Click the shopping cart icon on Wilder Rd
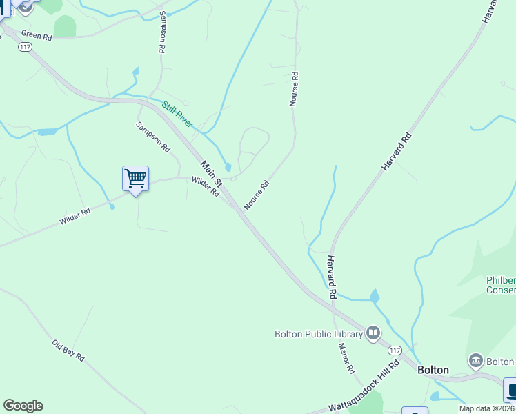click(135, 179)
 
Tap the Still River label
click(177, 114)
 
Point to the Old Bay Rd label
click(68, 351)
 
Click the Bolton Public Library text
click(319, 335)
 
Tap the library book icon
click(373, 334)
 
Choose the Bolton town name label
click(433, 370)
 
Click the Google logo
click(23, 406)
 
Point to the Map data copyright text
click(487, 408)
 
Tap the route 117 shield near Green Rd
click(26, 47)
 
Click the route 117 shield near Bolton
click(395, 351)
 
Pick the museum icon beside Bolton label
click(475, 361)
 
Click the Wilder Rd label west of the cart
click(75, 217)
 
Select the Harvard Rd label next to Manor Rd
click(332, 276)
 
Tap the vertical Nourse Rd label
click(294, 88)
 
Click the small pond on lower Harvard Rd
click(375, 297)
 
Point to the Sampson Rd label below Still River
click(152, 137)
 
